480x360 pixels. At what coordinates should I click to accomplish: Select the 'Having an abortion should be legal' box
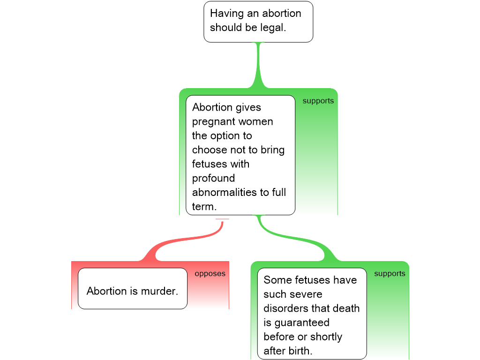tap(258, 21)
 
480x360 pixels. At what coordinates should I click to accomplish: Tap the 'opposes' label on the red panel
tap(210, 274)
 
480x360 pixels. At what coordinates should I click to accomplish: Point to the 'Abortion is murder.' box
tap(133, 288)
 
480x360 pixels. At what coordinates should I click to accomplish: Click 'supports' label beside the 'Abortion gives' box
tap(318, 101)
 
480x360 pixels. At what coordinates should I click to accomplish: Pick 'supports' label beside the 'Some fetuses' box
tap(390, 274)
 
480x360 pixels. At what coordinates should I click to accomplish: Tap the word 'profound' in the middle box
tap(213, 179)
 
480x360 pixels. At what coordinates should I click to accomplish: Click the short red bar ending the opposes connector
tap(222, 219)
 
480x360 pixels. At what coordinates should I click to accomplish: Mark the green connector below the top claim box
tap(258, 66)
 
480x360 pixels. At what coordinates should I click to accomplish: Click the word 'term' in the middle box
tap(202, 207)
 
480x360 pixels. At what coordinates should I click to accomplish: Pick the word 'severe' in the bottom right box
tap(306, 294)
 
